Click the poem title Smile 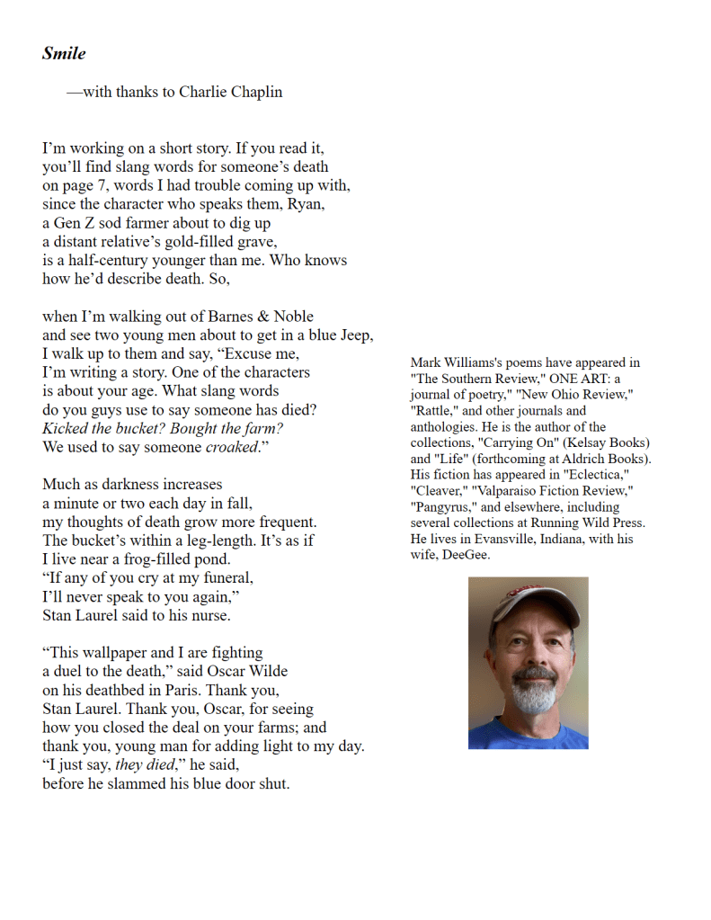[x=64, y=53]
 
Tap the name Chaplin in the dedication [x=256, y=92]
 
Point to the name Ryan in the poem [x=305, y=204]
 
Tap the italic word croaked [x=230, y=447]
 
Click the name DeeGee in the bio [x=466, y=554]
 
